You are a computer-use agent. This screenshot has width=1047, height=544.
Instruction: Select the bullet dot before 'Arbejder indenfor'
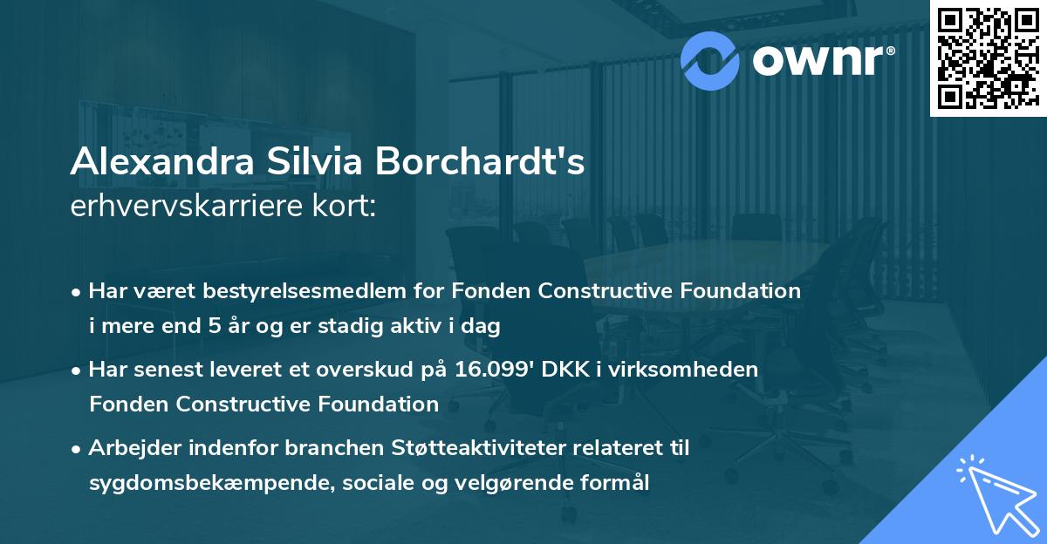[78, 449]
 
